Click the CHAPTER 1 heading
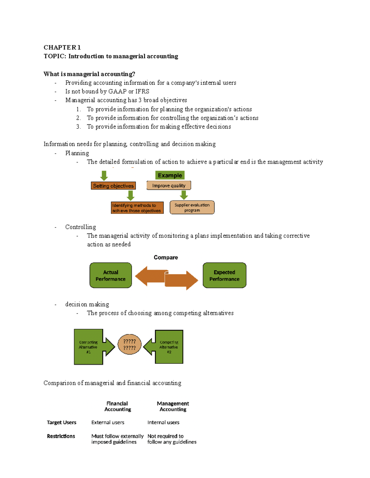(62, 47)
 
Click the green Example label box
(170, 175)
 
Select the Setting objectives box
(113, 186)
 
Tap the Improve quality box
(169, 186)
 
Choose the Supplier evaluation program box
(192, 207)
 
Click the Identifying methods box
(137, 208)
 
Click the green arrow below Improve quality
(184, 195)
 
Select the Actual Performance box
(111, 275)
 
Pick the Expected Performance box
(224, 275)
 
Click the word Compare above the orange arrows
(166, 257)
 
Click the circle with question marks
(129, 345)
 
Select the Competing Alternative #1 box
(88, 347)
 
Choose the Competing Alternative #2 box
(169, 347)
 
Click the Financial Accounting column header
(117, 406)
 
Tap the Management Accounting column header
(173, 406)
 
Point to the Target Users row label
(61, 423)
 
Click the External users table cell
(108, 423)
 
